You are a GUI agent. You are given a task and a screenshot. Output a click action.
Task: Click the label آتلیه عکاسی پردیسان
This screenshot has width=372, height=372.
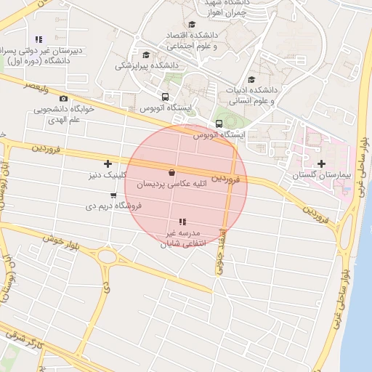pos(172,185)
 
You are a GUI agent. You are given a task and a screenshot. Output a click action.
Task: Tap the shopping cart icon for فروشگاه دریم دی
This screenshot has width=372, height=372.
pos(113,195)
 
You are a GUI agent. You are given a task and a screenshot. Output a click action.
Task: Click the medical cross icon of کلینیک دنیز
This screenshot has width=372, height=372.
pos(108,163)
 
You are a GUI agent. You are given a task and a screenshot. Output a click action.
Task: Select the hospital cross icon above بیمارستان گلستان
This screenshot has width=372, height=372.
pos(321,163)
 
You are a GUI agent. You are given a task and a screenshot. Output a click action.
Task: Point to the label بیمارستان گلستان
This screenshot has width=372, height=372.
pos(322,176)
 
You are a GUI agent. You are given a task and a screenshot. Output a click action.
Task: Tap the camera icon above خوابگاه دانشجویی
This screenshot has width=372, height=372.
pos(63,98)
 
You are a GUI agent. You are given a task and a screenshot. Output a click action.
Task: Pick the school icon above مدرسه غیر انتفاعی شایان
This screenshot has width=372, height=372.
pos(182,221)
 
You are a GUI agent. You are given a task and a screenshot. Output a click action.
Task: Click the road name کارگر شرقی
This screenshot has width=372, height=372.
pos(24,340)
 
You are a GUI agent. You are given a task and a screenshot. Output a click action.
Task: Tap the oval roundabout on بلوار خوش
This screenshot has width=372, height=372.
pos(108,256)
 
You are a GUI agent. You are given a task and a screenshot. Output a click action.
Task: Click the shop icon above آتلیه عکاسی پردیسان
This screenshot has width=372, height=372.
pos(171,173)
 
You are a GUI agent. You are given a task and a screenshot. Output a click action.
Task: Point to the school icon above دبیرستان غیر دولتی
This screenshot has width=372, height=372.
pos(39,39)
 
